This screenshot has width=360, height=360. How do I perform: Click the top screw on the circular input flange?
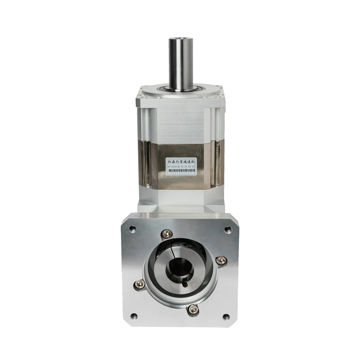click(167, 233)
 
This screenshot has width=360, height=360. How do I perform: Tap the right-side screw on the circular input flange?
click(220, 260)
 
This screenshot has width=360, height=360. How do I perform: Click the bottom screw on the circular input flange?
click(193, 309)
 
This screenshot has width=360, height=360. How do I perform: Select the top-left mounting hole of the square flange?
click(132, 229)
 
